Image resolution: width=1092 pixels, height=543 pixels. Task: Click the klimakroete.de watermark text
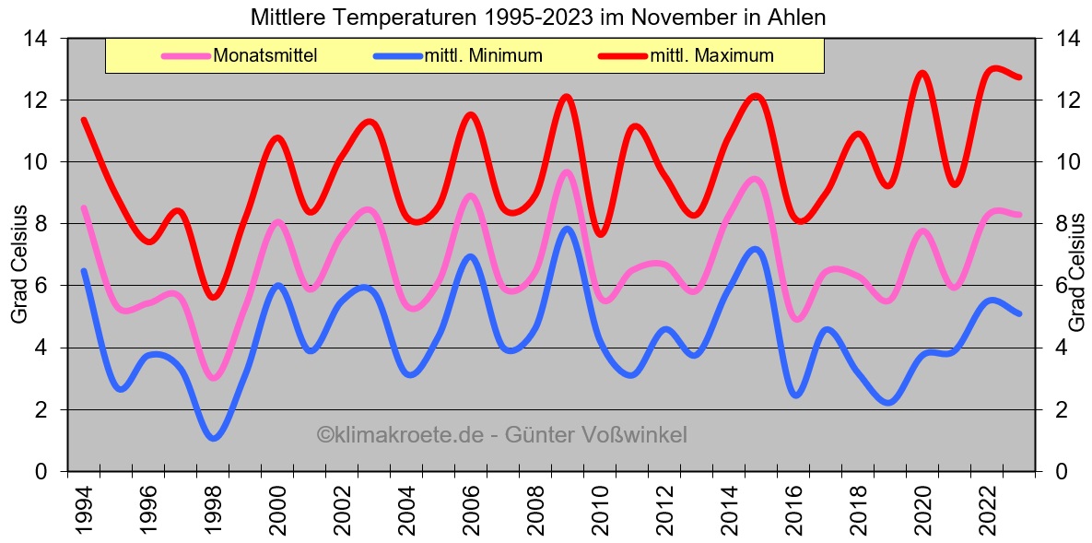click(502, 434)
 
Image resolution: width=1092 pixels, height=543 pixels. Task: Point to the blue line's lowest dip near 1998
click(214, 438)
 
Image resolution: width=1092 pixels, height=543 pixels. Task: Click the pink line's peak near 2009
click(567, 171)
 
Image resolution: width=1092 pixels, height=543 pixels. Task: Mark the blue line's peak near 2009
click(568, 229)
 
